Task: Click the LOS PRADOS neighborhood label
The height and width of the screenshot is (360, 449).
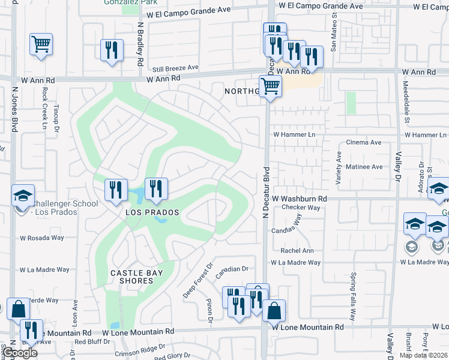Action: point(152,212)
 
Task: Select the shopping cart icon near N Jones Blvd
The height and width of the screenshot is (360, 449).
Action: point(41,44)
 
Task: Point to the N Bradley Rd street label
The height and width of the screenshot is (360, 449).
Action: point(140,44)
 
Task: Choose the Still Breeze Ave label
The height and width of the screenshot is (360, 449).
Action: point(175,68)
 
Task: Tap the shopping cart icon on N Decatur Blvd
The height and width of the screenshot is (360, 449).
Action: point(271,86)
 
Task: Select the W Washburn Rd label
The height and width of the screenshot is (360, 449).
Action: point(299,198)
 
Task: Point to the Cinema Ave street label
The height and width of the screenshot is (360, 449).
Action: point(364,143)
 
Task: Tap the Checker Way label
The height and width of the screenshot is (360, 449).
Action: point(301,208)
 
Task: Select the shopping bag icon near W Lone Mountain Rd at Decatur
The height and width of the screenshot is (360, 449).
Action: point(274,311)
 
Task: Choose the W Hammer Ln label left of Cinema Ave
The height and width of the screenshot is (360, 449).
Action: point(294,135)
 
